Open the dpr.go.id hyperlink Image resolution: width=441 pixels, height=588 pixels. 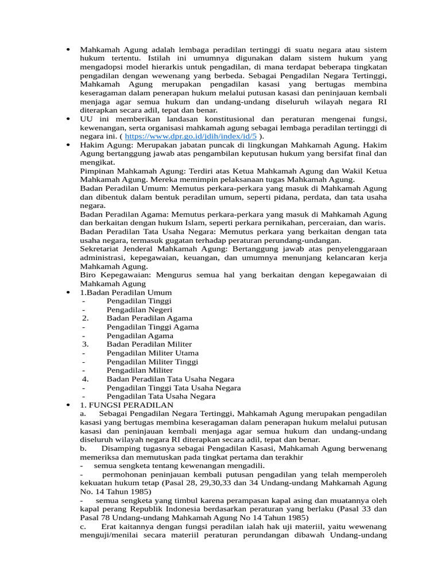pos(191,136)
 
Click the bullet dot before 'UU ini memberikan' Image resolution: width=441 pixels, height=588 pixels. pos(68,118)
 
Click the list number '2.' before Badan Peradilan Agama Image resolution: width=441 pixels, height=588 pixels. pos(85,318)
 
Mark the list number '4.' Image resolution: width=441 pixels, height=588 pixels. pos(85,379)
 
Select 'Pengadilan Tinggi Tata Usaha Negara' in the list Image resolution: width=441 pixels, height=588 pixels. pos(173,388)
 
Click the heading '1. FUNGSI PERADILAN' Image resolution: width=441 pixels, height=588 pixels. pos(122,405)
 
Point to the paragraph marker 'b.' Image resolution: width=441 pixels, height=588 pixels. pos(84,448)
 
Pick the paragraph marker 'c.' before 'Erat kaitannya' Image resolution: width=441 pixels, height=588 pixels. pos(84,527)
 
